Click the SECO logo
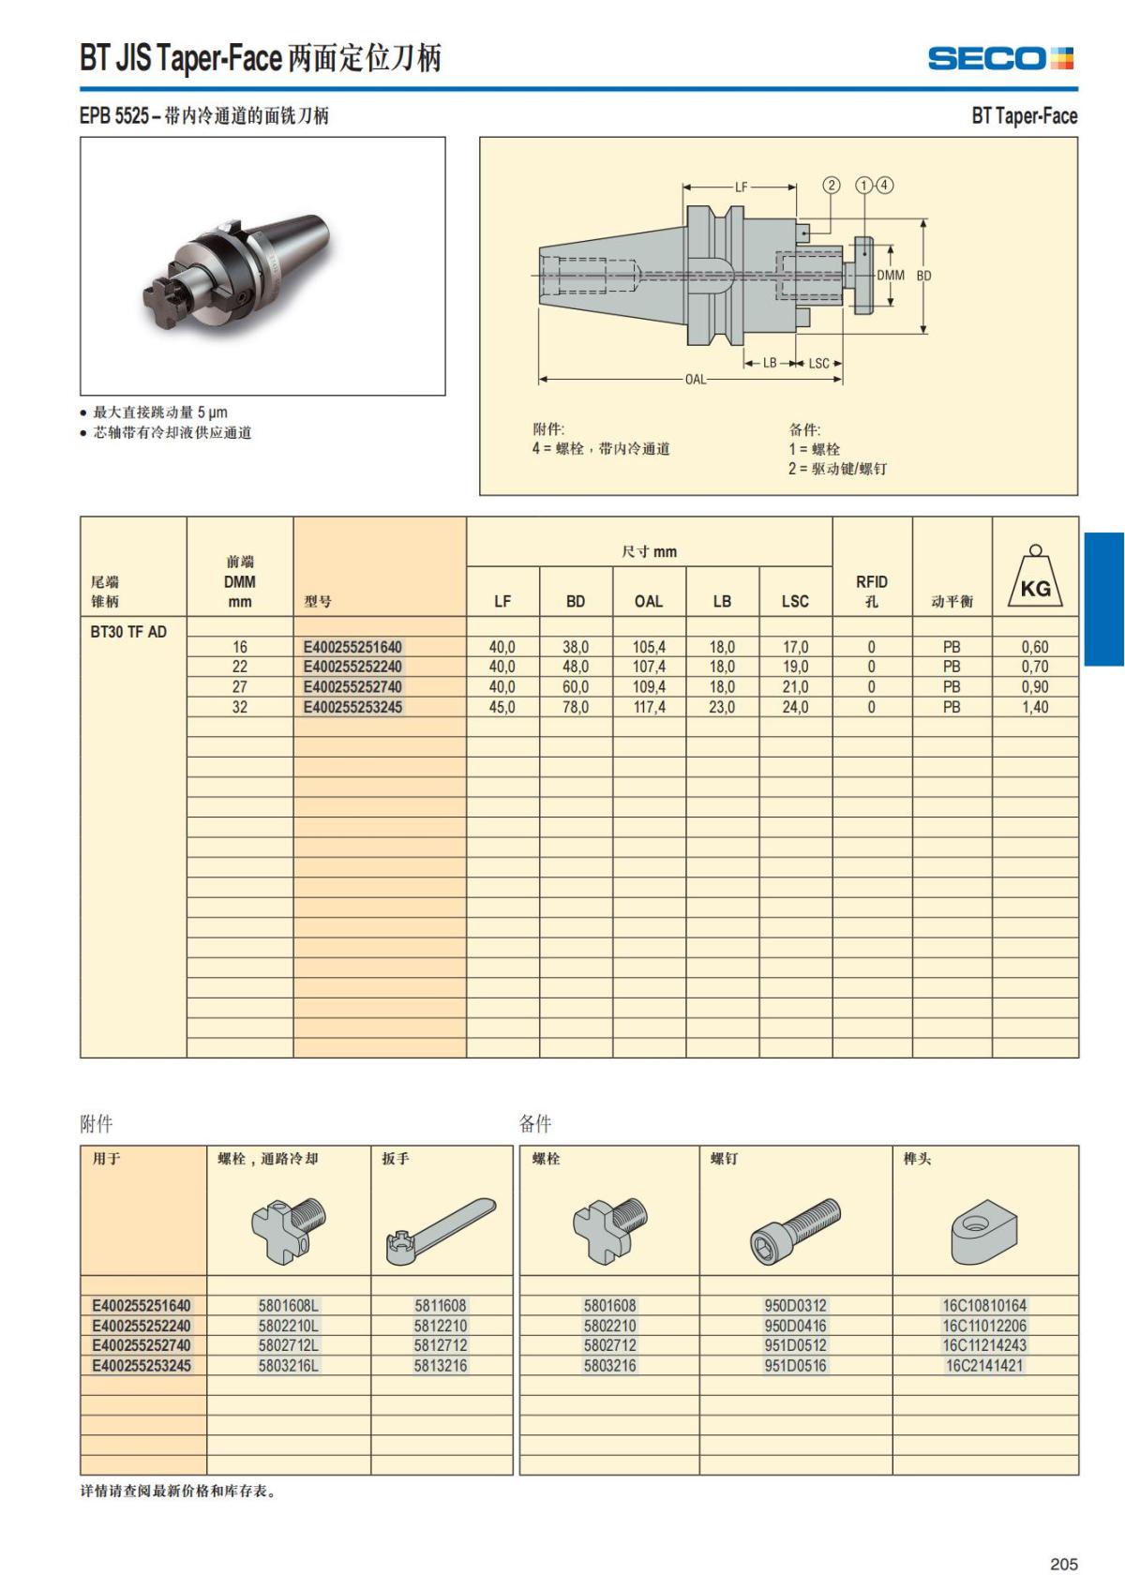pyautogui.click(x=999, y=58)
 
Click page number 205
pyautogui.click(x=1063, y=1564)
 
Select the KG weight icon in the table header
pyautogui.click(x=1035, y=578)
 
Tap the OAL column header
pyautogui.click(x=648, y=601)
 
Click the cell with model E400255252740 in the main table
pyautogui.click(x=352, y=687)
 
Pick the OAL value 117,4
pyautogui.click(x=649, y=707)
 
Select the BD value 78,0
pyautogui.click(x=576, y=707)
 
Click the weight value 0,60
pyautogui.click(x=1035, y=647)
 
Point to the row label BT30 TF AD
pyautogui.click(x=128, y=632)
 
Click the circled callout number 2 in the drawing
pyautogui.click(x=831, y=185)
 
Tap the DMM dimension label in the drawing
pyautogui.click(x=890, y=276)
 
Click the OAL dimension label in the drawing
pyautogui.click(x=695, y=380)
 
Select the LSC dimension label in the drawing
pyautogui.click(x=818, y=364)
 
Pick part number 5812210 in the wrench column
pyautogui.click(x=441, y=1326)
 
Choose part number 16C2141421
pyautogui.click(x=983, y=1366)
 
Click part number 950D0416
pyautogui.click(x=795, y=1326)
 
